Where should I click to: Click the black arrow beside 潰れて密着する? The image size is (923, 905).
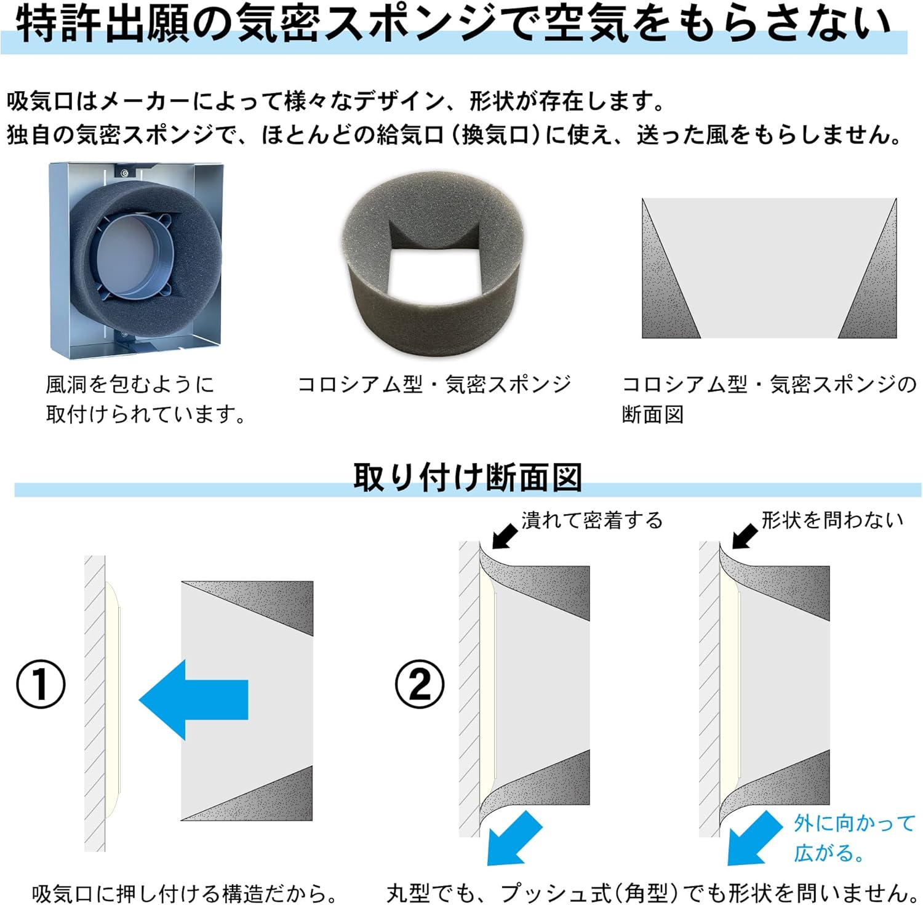tap(505, 535)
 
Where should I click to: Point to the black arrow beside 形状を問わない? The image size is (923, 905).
tap(745, 535)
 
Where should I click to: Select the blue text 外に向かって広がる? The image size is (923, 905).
tap(854, 837)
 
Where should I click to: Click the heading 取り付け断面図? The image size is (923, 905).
tap(467, 477)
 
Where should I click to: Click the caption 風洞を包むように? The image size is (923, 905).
tap(130, 384)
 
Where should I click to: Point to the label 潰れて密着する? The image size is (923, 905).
tap(592, 520)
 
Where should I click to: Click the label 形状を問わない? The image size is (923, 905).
tap(832, 520)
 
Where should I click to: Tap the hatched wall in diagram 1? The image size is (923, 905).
tap(95, 702)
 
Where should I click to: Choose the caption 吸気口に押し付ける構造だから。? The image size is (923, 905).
tap(185, 893)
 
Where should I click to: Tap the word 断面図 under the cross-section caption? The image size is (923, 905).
tap(652, 414)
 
